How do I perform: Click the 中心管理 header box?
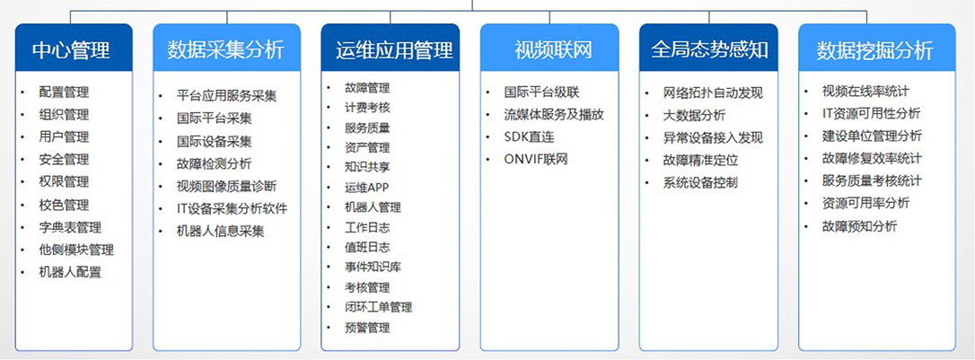[74, 48]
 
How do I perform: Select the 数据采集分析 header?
[226, 48]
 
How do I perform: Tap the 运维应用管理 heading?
[391, 48]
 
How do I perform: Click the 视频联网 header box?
[549, 48]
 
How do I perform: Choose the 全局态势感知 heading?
[708, 48]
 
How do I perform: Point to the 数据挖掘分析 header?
[877, 48]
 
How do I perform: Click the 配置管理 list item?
[64, 92]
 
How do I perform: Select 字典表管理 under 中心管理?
[70, 227]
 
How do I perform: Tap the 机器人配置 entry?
[70, 272]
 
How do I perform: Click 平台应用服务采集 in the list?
[226, 96]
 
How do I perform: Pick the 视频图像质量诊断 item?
[226, 186]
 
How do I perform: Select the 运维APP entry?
[366, 187]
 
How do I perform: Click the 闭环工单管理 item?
[378, 307]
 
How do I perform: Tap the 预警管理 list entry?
[367, 327]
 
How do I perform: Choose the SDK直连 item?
[529, 136]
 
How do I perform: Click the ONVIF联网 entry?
[536, 159]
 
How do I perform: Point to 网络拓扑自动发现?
[713, 93]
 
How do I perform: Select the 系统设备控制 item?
[700, 183]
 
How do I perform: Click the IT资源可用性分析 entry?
[871, 114]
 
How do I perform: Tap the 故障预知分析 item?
[859, 226]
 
